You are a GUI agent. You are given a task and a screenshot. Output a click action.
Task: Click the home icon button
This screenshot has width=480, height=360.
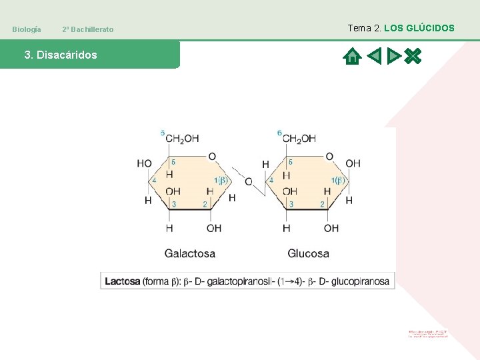point(352,56)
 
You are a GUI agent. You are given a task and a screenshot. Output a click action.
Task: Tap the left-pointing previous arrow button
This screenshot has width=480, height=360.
point(374,56)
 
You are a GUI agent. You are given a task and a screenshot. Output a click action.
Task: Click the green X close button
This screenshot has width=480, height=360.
point(413,56)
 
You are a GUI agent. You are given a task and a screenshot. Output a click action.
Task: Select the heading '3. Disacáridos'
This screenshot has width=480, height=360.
point(61,55)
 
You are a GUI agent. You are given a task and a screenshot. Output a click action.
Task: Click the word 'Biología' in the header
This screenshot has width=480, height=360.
point(27,29)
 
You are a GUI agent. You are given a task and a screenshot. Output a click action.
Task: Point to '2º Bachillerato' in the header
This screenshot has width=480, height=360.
point(87,29)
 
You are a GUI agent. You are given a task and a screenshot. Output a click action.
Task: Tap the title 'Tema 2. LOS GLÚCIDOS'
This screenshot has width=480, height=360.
point(401,28)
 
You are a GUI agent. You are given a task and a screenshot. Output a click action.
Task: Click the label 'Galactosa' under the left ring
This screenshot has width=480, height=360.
point(190,253)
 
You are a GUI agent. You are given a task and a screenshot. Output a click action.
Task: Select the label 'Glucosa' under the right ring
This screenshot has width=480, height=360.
point(308,253)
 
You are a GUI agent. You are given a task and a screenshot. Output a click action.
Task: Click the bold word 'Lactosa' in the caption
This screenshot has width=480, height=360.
point(123,281)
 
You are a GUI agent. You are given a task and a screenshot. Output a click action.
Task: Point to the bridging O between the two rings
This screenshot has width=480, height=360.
point(249,181)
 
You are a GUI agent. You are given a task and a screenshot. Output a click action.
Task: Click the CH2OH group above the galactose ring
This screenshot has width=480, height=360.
point(182,139)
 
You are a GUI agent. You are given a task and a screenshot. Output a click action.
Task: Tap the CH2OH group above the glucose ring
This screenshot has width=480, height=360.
point(299,139)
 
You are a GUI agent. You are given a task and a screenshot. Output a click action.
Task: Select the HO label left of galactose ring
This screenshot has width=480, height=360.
point(144,163)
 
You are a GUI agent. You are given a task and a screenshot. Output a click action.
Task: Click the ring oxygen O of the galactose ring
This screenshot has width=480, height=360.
point(212,157)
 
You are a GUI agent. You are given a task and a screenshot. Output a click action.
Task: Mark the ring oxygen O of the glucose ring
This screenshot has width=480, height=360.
point(329,157)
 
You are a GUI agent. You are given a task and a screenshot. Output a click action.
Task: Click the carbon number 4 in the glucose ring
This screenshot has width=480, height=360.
point(271,180)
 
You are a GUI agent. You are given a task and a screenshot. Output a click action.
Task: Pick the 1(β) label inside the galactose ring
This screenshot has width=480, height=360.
point(221,180)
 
